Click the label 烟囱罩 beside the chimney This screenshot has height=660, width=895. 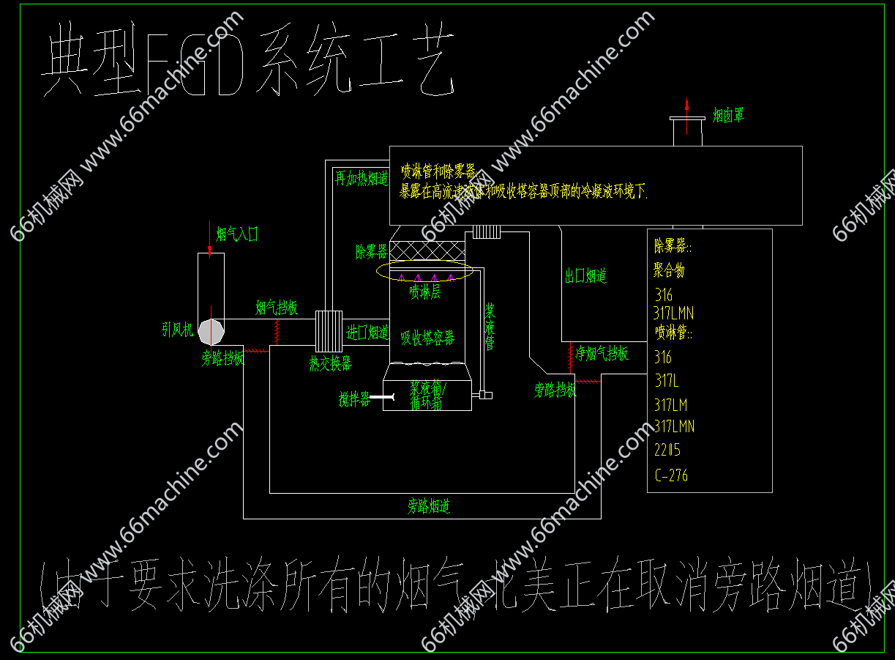pos(728,116)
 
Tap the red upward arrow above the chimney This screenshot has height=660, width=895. pos(686,114)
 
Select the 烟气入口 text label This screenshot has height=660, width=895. pos(237,234)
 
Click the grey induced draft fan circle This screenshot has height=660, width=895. pos(212,331)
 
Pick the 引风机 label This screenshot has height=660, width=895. pos(178,330)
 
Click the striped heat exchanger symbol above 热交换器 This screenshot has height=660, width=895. pos(329,331)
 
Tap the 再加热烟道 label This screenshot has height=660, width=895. pos(362,179)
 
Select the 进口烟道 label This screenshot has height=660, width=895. pos(367,333)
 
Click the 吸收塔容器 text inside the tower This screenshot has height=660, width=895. pos(427,338)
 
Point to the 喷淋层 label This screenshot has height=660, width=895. pos(425,292)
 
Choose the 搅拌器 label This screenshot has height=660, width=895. pos(354,400)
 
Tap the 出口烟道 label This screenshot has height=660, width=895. pos(585,276)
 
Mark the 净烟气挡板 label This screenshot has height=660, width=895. pos(602,354)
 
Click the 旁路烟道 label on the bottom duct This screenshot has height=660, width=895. pos(428,506)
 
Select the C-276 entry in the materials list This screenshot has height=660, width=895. pos(671,475)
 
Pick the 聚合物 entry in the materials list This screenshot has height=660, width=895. pos(669,270)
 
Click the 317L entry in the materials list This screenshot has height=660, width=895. pos(667,381)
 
